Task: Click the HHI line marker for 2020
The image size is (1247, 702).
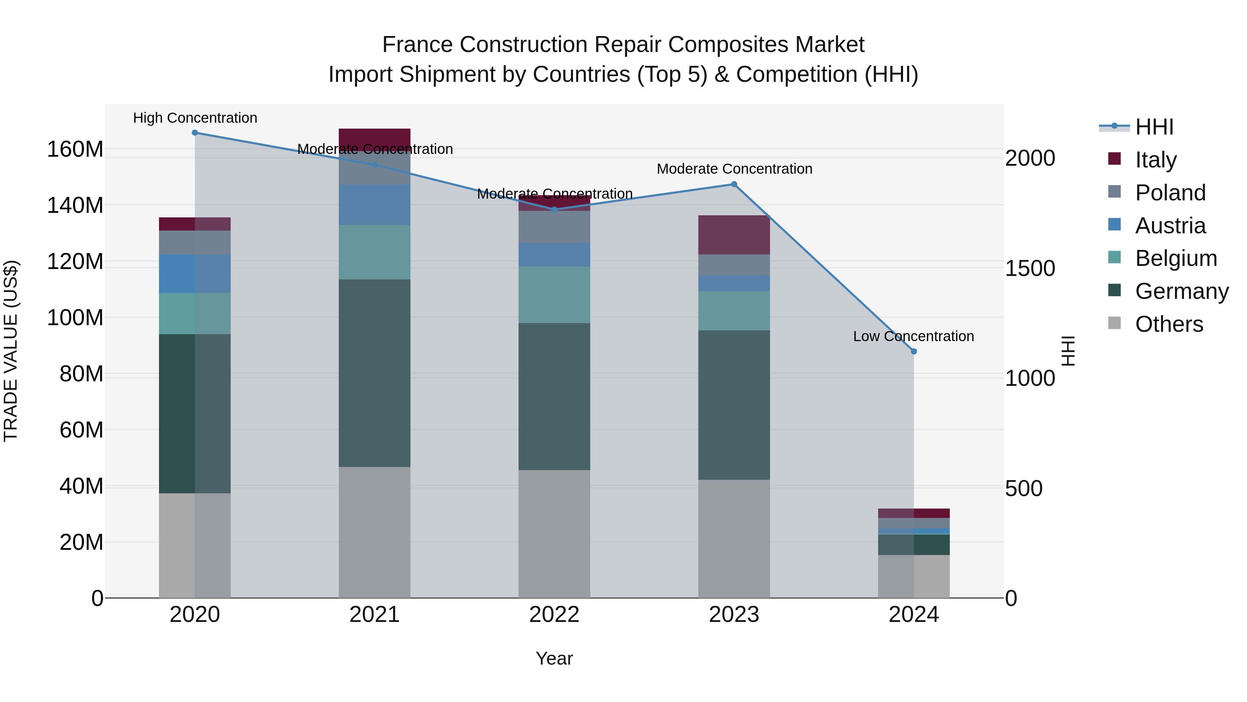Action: point(195,133)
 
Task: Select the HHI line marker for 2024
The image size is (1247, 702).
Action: point(913,351)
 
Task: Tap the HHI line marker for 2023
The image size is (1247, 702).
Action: point(734,184)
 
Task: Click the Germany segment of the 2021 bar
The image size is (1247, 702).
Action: point(374,373)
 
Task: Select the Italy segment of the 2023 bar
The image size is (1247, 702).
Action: point(734,235)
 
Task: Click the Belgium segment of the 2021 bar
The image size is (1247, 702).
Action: point(374,252)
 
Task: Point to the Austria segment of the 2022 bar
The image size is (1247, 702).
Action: point(554,255)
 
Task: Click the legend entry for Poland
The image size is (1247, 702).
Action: point(1170,193)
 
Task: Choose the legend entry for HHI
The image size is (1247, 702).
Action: point(1154,127)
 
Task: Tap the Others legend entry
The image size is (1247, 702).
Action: point(1169,324)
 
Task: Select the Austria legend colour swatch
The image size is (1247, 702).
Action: point(1114,224)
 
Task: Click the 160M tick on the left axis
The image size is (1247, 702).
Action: point(75,149)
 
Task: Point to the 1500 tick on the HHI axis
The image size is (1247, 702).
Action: point(1030,268)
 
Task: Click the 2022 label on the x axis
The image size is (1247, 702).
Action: point(554,615)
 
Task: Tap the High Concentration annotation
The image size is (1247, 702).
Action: point(195,118)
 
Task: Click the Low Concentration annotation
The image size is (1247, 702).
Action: point(913,336)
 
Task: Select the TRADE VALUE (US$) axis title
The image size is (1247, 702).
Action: point(11,351)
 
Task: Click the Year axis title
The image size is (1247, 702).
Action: point(554,658)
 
